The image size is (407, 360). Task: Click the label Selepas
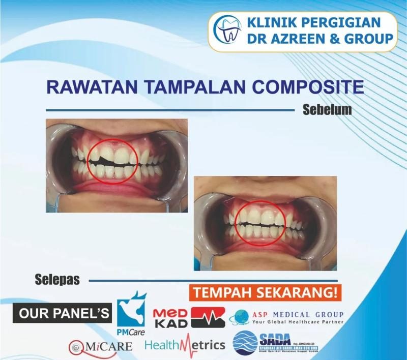pos(57,280)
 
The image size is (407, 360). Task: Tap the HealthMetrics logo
pos(185,345)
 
